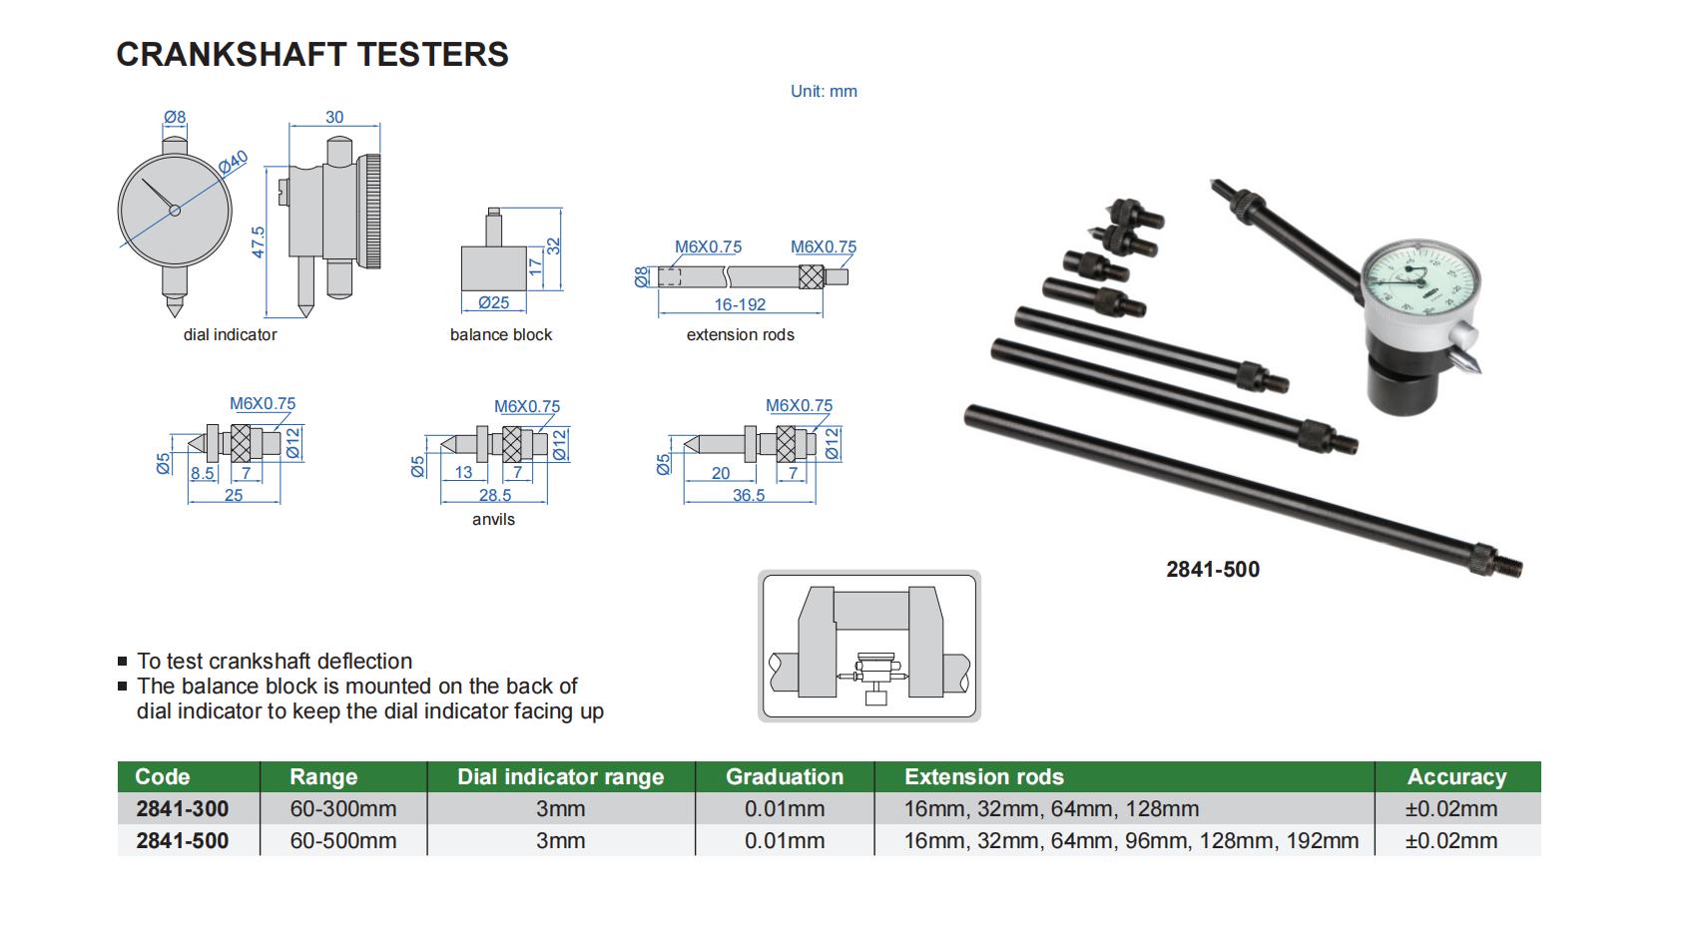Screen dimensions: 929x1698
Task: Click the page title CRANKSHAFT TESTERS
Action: (312, 54)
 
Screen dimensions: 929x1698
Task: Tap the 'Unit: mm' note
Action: (824, 91)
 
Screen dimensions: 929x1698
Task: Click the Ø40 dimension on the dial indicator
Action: (233, 163)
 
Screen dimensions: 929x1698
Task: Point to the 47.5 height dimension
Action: (259, 242)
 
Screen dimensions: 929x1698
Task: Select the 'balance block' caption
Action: (500, 335)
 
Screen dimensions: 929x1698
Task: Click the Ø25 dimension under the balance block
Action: (493, 303)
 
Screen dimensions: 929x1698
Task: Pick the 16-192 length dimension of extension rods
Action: (740, 305)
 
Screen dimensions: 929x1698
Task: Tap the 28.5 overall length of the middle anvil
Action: (494, 495)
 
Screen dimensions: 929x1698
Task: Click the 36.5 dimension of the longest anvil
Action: (749, 495)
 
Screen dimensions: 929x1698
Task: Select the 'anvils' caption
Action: (493, 519)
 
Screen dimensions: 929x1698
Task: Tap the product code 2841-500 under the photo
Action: (1212, 570)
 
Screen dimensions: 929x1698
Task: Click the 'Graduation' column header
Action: (784, 776)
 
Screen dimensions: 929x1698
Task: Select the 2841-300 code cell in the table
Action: (182, 808)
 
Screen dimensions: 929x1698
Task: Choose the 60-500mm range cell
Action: (342, 841)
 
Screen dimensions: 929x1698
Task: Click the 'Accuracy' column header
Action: (1455, 776)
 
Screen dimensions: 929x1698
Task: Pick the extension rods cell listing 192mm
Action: (1130, 841)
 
